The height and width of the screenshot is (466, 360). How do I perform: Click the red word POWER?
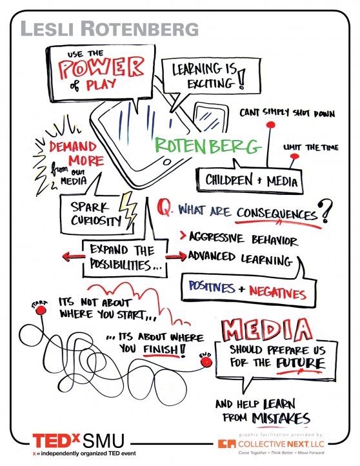point(101,68)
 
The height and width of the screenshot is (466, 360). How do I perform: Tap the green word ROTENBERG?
point(208,145)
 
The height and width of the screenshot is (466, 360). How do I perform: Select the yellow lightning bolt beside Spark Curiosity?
point(128,210)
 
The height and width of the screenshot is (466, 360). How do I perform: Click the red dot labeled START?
point(41,310)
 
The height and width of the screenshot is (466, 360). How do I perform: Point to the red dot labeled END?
point(206,362)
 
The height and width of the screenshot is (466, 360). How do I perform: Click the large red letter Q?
point(165,207)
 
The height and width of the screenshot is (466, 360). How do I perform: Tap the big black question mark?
point(325,211)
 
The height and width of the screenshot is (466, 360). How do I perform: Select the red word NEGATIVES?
point(277,292)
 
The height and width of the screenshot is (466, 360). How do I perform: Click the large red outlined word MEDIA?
point(266,330)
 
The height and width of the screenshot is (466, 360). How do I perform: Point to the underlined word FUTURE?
point(300,363)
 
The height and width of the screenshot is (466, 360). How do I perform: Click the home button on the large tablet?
point(167,161)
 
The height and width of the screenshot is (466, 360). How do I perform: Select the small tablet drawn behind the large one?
point(210,117)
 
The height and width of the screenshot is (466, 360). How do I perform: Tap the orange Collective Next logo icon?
point(226,443)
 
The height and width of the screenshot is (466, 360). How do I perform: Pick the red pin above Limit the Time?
point(294,156)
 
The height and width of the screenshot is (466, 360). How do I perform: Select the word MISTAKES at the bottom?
point(281,418)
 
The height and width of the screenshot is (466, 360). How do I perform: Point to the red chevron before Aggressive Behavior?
point(183,236)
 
